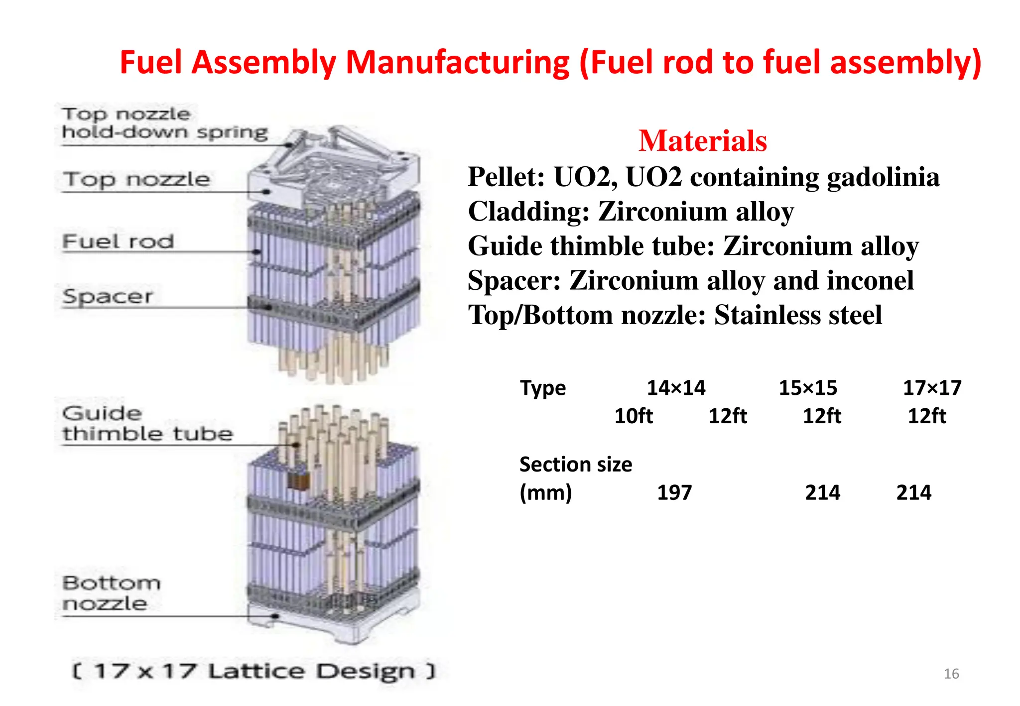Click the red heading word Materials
(x=702, y=141)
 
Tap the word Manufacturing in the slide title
(x=457, y=63)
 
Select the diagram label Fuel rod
(x=118, y=241)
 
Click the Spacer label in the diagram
(x=108, y=296)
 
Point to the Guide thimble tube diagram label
(x=147, y=424)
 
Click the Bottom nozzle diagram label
(x=111, y=593)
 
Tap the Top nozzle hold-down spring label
(x=164, y=123)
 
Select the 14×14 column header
(x=676, y=388)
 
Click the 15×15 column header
(x=808, y=388)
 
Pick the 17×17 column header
(x=932, y=388)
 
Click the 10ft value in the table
(x=633, y=416)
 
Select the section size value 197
(x=674, y=493)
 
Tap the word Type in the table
(x=543, y=388)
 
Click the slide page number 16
(x=951, y=674)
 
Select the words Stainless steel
(x=798, y=315)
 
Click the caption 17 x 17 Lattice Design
(x=254, y=671)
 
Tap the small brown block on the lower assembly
(x=298, y=481)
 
